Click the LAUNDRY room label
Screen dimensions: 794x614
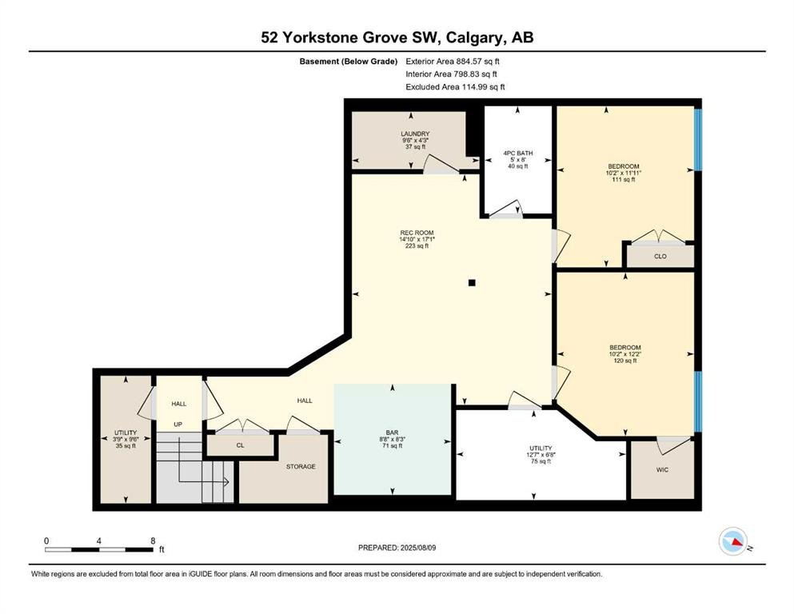[x=415, y=134]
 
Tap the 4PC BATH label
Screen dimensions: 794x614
[x=517, y=153]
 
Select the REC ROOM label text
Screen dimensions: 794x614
[x=417, y=233]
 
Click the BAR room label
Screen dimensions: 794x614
[x=392, y=433]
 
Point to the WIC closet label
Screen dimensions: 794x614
[x=662, y=470]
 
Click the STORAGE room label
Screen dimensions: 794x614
[x=301, y=466]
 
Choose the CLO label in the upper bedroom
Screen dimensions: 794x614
[x=660, y=256]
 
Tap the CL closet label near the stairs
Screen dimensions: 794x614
[x=240, y=445]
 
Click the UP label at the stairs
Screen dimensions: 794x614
[x=178, y=425]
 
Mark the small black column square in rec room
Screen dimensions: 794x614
[x=472, y=283]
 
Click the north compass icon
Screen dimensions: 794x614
[x=733, y=541]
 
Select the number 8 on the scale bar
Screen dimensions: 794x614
[x=153, y=540]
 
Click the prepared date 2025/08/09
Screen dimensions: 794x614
[x=418, y=548]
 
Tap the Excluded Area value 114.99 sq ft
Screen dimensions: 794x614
[x=484, y=86]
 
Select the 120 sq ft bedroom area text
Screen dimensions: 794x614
[x=624, y=361]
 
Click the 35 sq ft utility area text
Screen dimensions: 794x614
[x=126, y=446]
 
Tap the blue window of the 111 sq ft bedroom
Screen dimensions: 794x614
[x=698, y=140]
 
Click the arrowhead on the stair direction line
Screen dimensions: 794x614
[x=226, y=482]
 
